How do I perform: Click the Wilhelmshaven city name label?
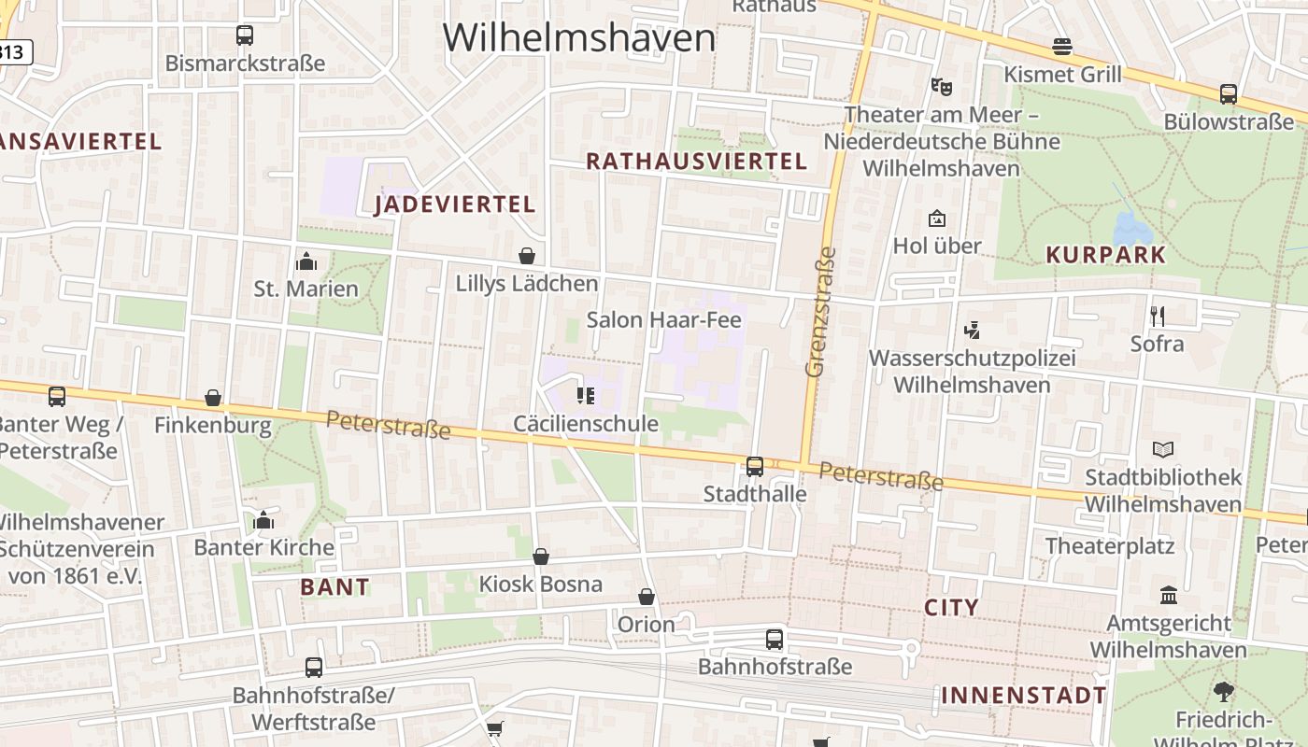(579, 37)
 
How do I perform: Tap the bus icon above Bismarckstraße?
(245, 35)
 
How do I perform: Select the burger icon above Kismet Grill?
(1061, 46)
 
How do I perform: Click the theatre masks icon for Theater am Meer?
(941, 87)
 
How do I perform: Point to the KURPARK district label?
(1106, 255)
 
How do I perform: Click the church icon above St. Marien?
(306, 261)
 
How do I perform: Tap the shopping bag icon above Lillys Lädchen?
(527, 256)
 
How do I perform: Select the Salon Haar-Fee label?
(663, 320)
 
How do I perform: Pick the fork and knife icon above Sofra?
(1157, 316)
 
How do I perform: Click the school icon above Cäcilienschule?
(586, 396)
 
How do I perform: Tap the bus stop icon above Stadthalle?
(755, 465)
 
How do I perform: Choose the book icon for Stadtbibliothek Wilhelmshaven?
(1163, 449)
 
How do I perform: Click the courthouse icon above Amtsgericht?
(1168, 595)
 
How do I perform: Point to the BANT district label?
(335, 587)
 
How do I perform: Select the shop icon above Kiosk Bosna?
(540, 557)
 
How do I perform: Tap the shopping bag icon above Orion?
(646, 597)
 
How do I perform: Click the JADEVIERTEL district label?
(455, 204)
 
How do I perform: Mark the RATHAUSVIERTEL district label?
(696, 162)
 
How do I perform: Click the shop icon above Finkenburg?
(213, 398)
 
